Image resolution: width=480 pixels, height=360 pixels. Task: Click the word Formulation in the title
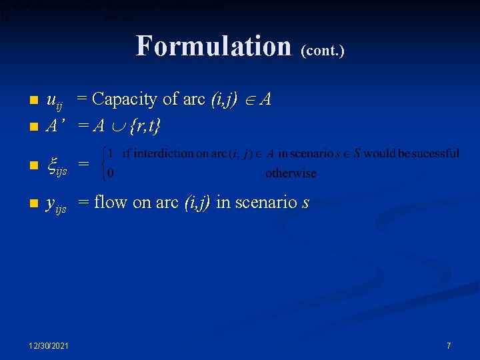coord(213,47)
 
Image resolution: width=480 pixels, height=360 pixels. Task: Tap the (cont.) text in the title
coord(323,50)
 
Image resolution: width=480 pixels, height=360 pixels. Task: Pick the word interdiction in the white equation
coord(175,153)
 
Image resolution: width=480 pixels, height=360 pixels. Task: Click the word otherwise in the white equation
coord(291,173)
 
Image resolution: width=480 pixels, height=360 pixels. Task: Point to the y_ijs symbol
coord(55,204)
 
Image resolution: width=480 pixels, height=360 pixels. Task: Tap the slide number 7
coord(449,345)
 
